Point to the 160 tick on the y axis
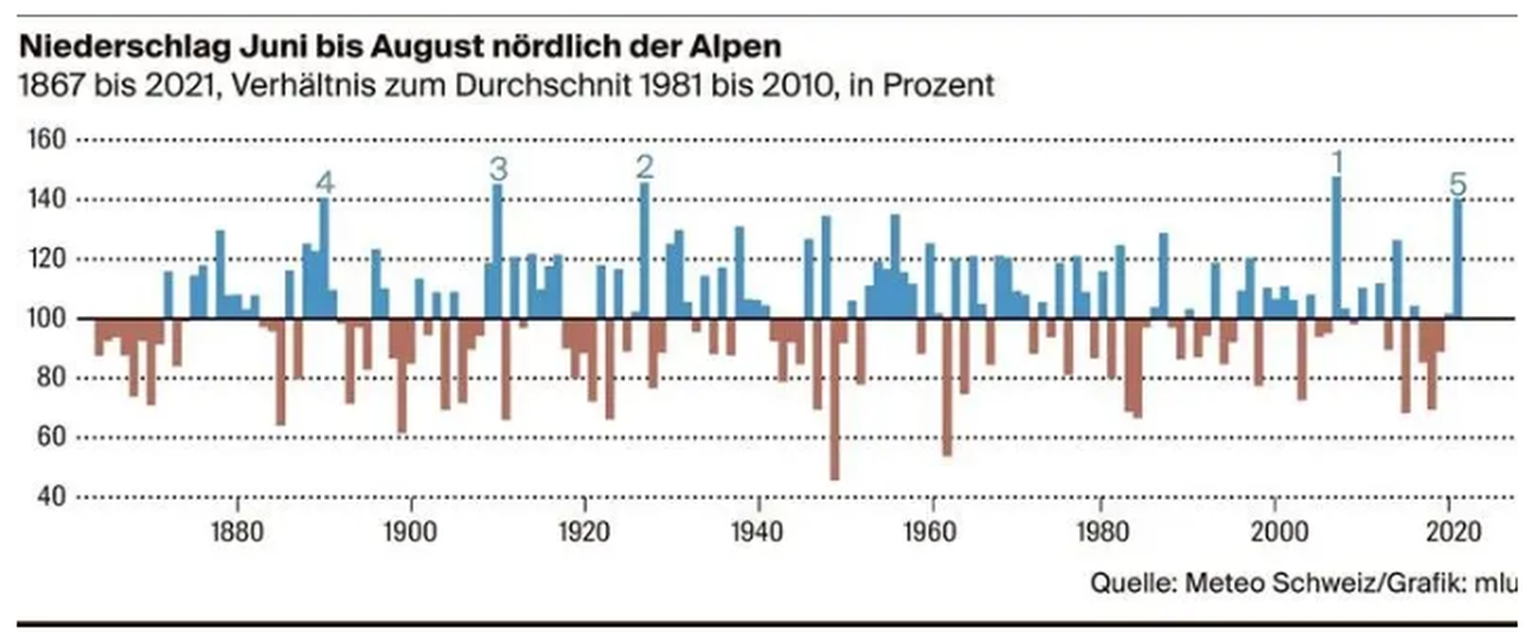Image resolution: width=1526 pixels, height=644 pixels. click(43, 140)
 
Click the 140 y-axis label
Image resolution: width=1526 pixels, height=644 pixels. click(43, 200)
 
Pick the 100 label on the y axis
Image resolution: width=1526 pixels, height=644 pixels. click(43, 319)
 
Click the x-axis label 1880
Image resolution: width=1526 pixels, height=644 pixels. click(236, 529)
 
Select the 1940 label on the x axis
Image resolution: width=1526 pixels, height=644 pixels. click(758, 529)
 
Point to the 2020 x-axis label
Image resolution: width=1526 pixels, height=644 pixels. click(1452, 529)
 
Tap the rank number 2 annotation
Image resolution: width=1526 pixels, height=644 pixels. click(645, 166)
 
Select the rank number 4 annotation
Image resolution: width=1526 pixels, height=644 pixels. click(325, 184)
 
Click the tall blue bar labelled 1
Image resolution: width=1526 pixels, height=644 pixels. click(1336, 247)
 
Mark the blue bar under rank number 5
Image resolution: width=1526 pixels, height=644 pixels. click(1457, 258)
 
